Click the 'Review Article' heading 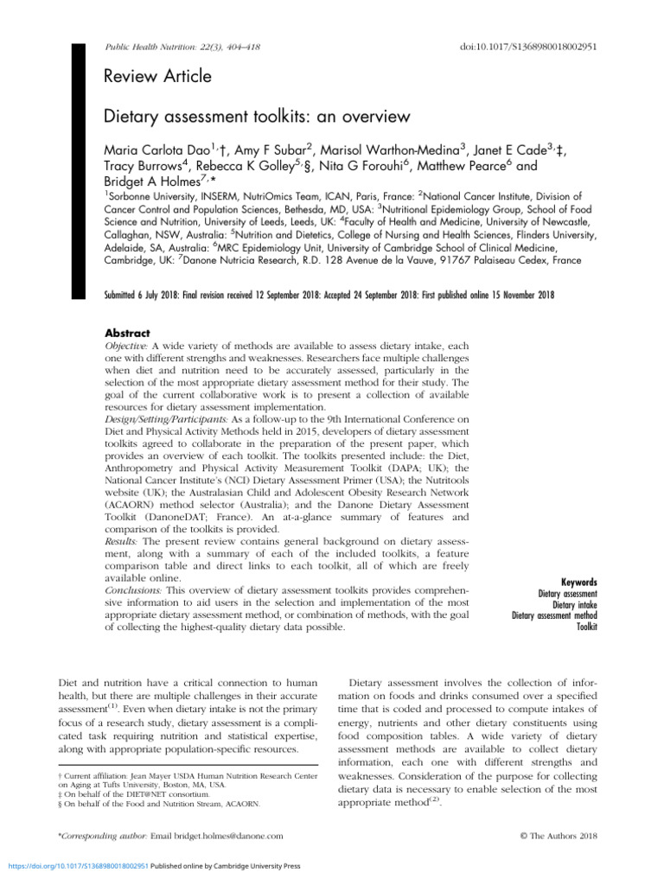pyautogui.click(x=157, y=77)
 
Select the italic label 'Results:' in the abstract pyautogui.click(x=120, y=539)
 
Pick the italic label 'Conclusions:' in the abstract pyautogui.click(x=132, y=590)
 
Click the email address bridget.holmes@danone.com pyautogui.click(x=220, y=836)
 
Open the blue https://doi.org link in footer pyautogui.click(x=76, y=864)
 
